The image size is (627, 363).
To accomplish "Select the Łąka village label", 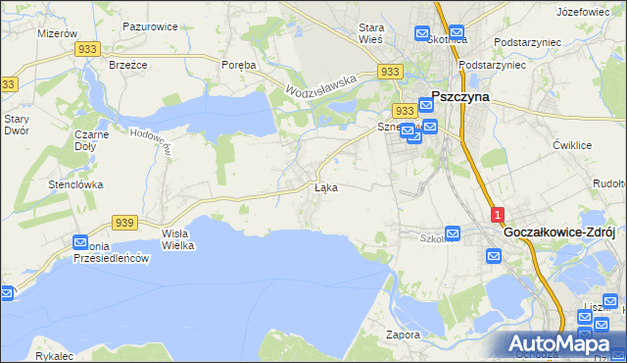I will (x=326, y=186).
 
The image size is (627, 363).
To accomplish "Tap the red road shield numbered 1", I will (x=498, y=213).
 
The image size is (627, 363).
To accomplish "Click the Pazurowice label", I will (x=150, y=27).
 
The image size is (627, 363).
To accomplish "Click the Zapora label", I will (x=403, y=335).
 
